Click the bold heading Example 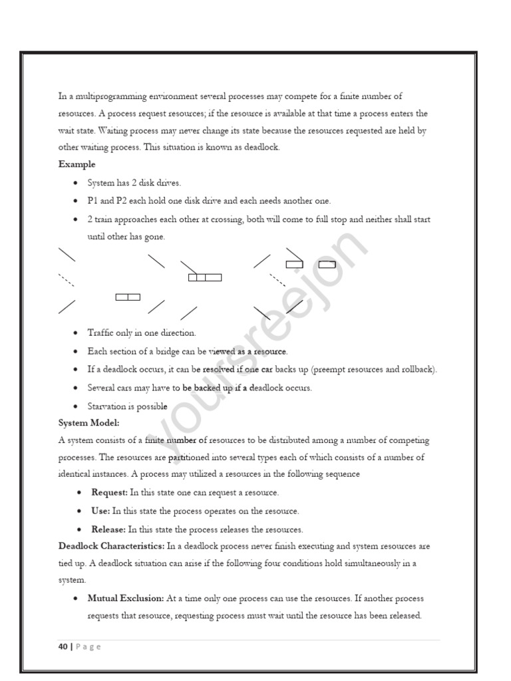point(77,164)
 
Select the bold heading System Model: point(88,422)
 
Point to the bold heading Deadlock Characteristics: point(111,546)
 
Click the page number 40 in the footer point(63,646)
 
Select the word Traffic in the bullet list point(102,333)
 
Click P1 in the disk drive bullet point(93,201)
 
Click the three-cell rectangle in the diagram point(205,277)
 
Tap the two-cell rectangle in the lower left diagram point(128,297)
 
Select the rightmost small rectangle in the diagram point(327,264)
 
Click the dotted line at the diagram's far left point(66,279)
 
